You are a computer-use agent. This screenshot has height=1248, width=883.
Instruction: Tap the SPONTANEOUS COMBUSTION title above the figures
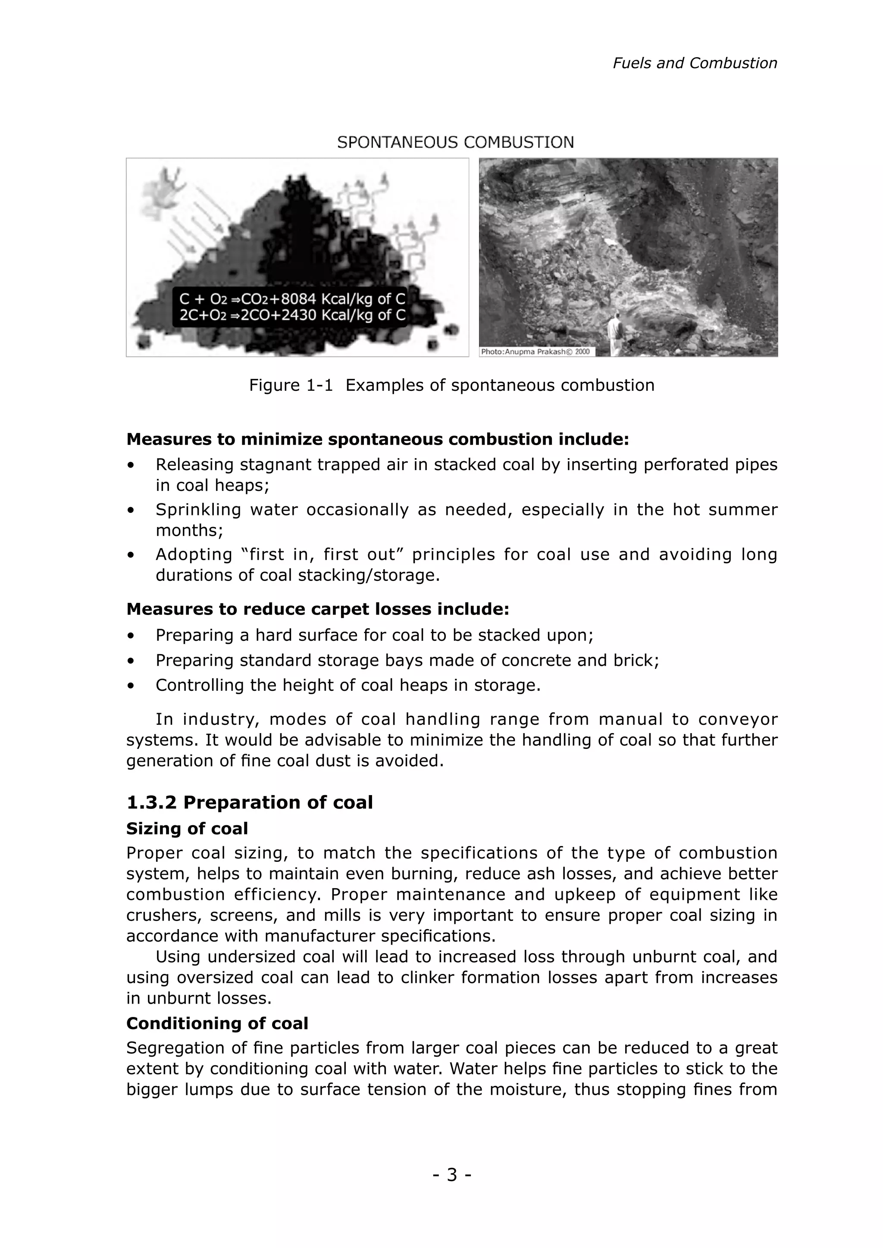pyautogui.click(x=455, y=142)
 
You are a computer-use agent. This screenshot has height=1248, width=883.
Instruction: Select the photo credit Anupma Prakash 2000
pyautogui.click(x=536, y=352)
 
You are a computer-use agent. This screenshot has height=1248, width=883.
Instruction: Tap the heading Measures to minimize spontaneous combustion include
pyautogui.click(x=377, y=439)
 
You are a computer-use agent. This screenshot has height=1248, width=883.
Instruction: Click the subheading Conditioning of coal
pyautogui.click(x=217, y=1023)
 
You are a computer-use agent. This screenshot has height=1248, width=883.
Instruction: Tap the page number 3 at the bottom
pyautogui.click(x=452, y=1175)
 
